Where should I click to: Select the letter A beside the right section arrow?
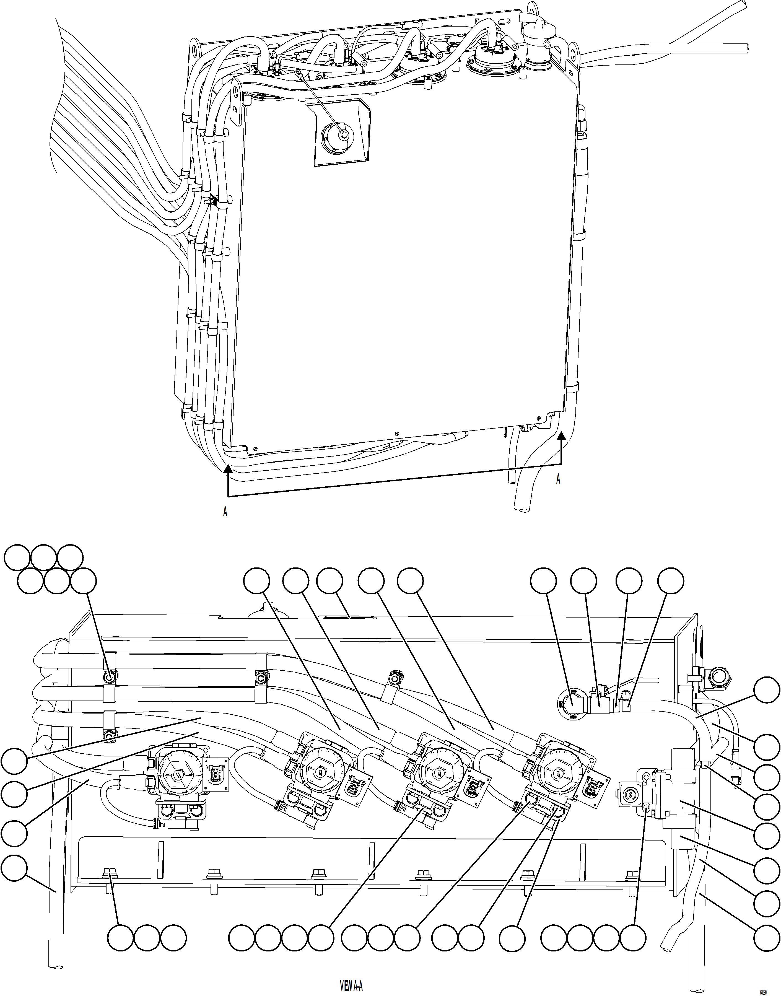[x=558, y=479]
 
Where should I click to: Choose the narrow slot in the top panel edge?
[x=350, y=617]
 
